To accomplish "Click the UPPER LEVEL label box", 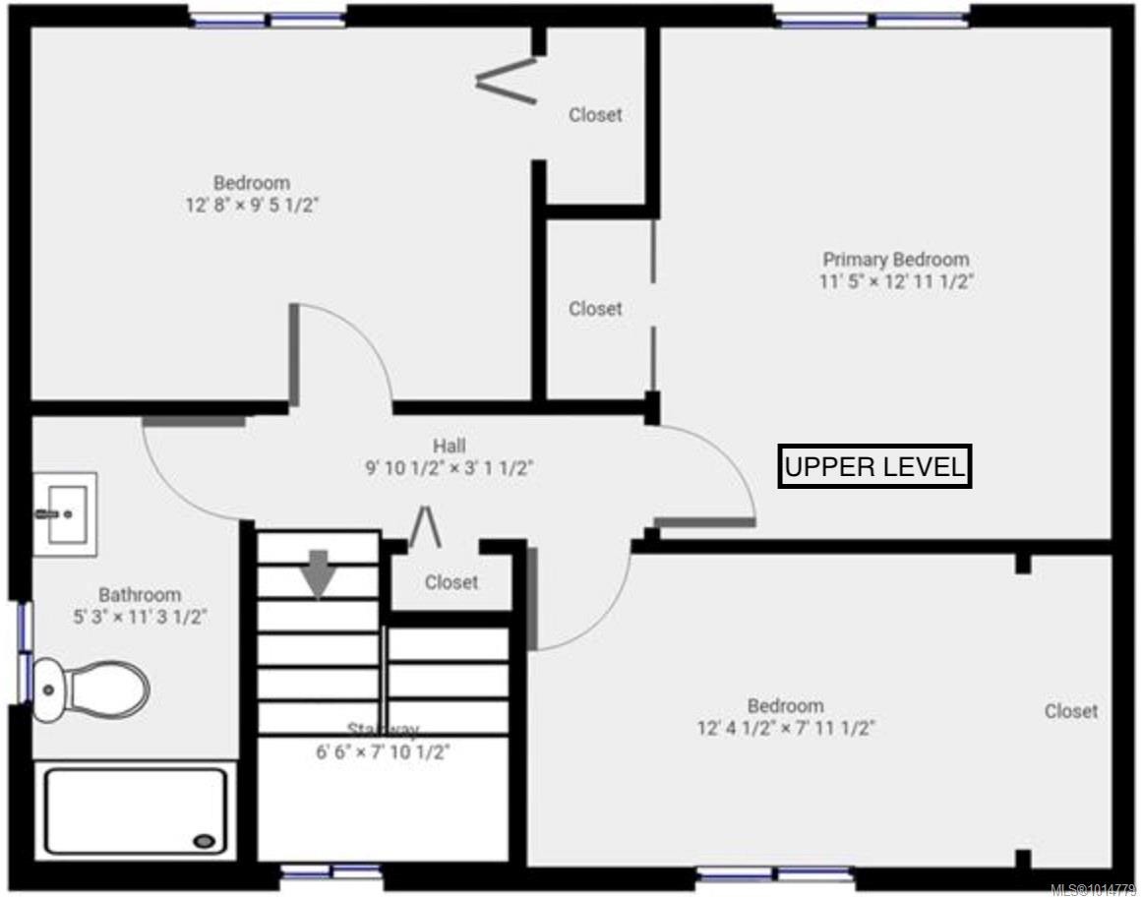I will point(874,467).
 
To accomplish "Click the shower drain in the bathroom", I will point(205,841).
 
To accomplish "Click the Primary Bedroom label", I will point(895,260).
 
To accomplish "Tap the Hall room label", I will point(449,446).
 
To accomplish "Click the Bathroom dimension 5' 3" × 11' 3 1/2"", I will point(139,618).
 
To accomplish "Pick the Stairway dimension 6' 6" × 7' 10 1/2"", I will point(383,751).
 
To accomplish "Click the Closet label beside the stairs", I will point(451,582).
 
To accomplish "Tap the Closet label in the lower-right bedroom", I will point(1071,710).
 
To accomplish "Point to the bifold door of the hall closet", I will point(425,527).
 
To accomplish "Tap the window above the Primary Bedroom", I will point(872,19).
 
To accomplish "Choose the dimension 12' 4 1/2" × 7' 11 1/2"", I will point(786,729).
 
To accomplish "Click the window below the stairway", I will point(331,870).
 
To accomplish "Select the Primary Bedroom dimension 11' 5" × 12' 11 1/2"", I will point(895,282).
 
